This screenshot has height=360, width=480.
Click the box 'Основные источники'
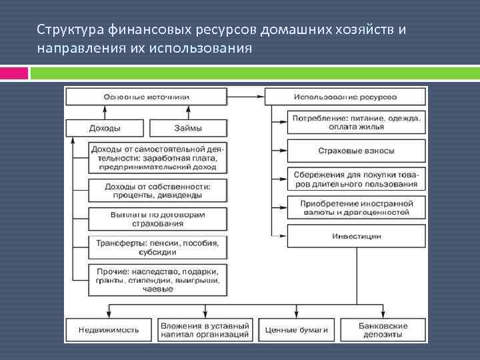pos(147,97)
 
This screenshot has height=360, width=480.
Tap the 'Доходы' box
pos(105,128)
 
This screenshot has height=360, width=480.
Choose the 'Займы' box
pos(187,128)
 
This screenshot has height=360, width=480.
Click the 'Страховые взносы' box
pos(357,151)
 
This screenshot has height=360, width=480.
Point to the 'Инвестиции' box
pos(357,236)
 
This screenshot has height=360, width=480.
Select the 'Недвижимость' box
pos(109,330)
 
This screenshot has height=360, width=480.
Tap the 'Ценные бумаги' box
pos(296,330)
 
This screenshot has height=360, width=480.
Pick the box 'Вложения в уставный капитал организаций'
pos(205,330)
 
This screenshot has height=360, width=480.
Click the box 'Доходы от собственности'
pos(157,191)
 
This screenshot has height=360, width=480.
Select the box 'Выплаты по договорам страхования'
pos(157,219)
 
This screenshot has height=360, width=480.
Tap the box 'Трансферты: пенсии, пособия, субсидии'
pos(157,248)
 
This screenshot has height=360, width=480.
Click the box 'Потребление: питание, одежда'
pos(357,122)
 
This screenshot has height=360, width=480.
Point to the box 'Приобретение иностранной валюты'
pos(357,207)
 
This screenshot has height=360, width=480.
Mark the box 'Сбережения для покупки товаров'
pos(357,179)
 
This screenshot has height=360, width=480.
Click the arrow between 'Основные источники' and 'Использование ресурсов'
pos(247,97)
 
